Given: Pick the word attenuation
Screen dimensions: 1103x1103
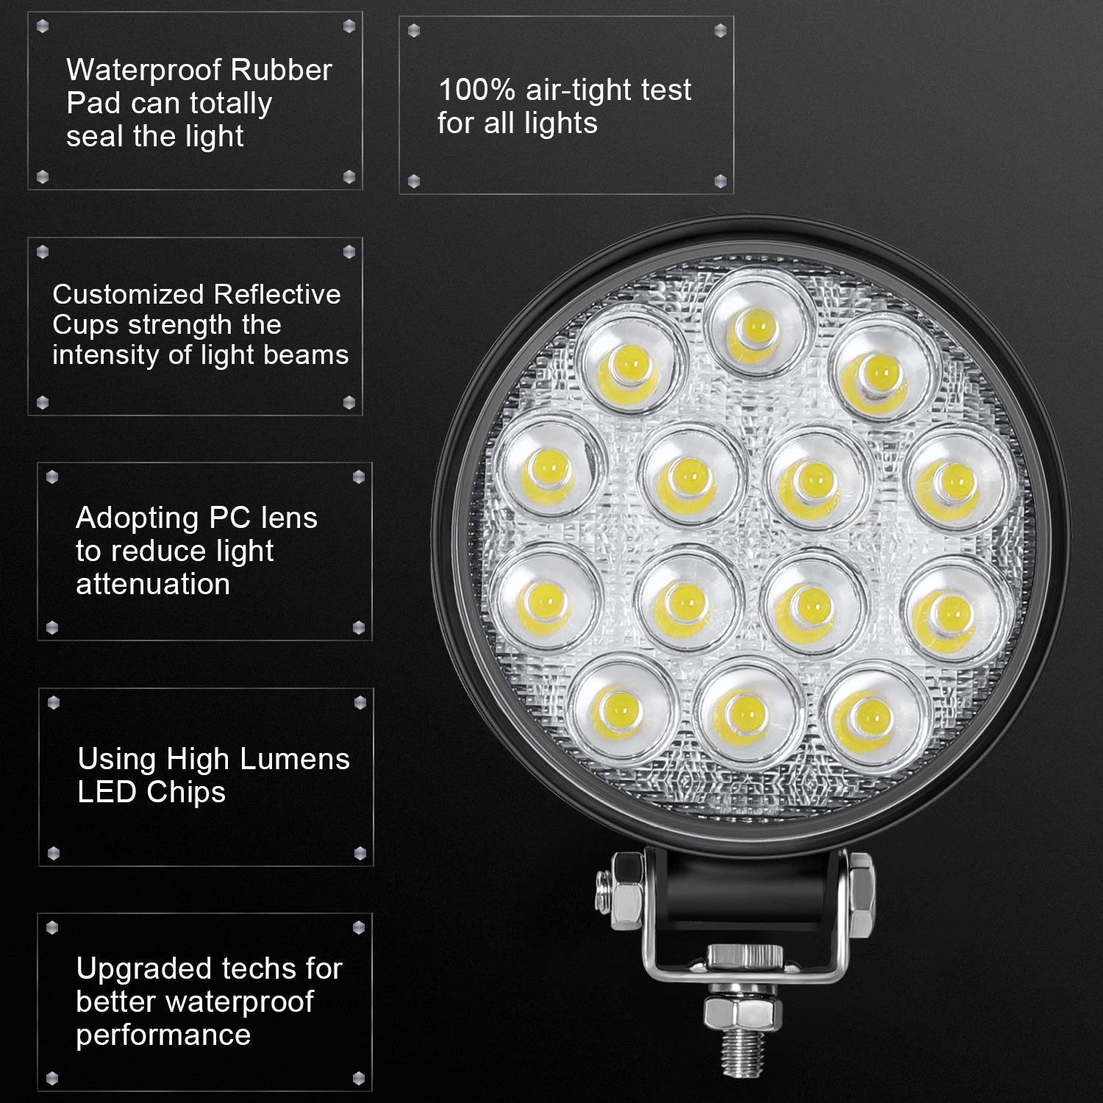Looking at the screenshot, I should pos(153,584).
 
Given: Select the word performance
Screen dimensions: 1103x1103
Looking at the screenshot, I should pos(163,1035).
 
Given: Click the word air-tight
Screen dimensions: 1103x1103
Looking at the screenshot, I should pos(572,90).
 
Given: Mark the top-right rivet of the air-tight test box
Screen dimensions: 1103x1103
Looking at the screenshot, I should pos(720,30).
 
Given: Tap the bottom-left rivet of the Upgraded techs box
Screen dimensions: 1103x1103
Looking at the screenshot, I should pos(52,1077).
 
